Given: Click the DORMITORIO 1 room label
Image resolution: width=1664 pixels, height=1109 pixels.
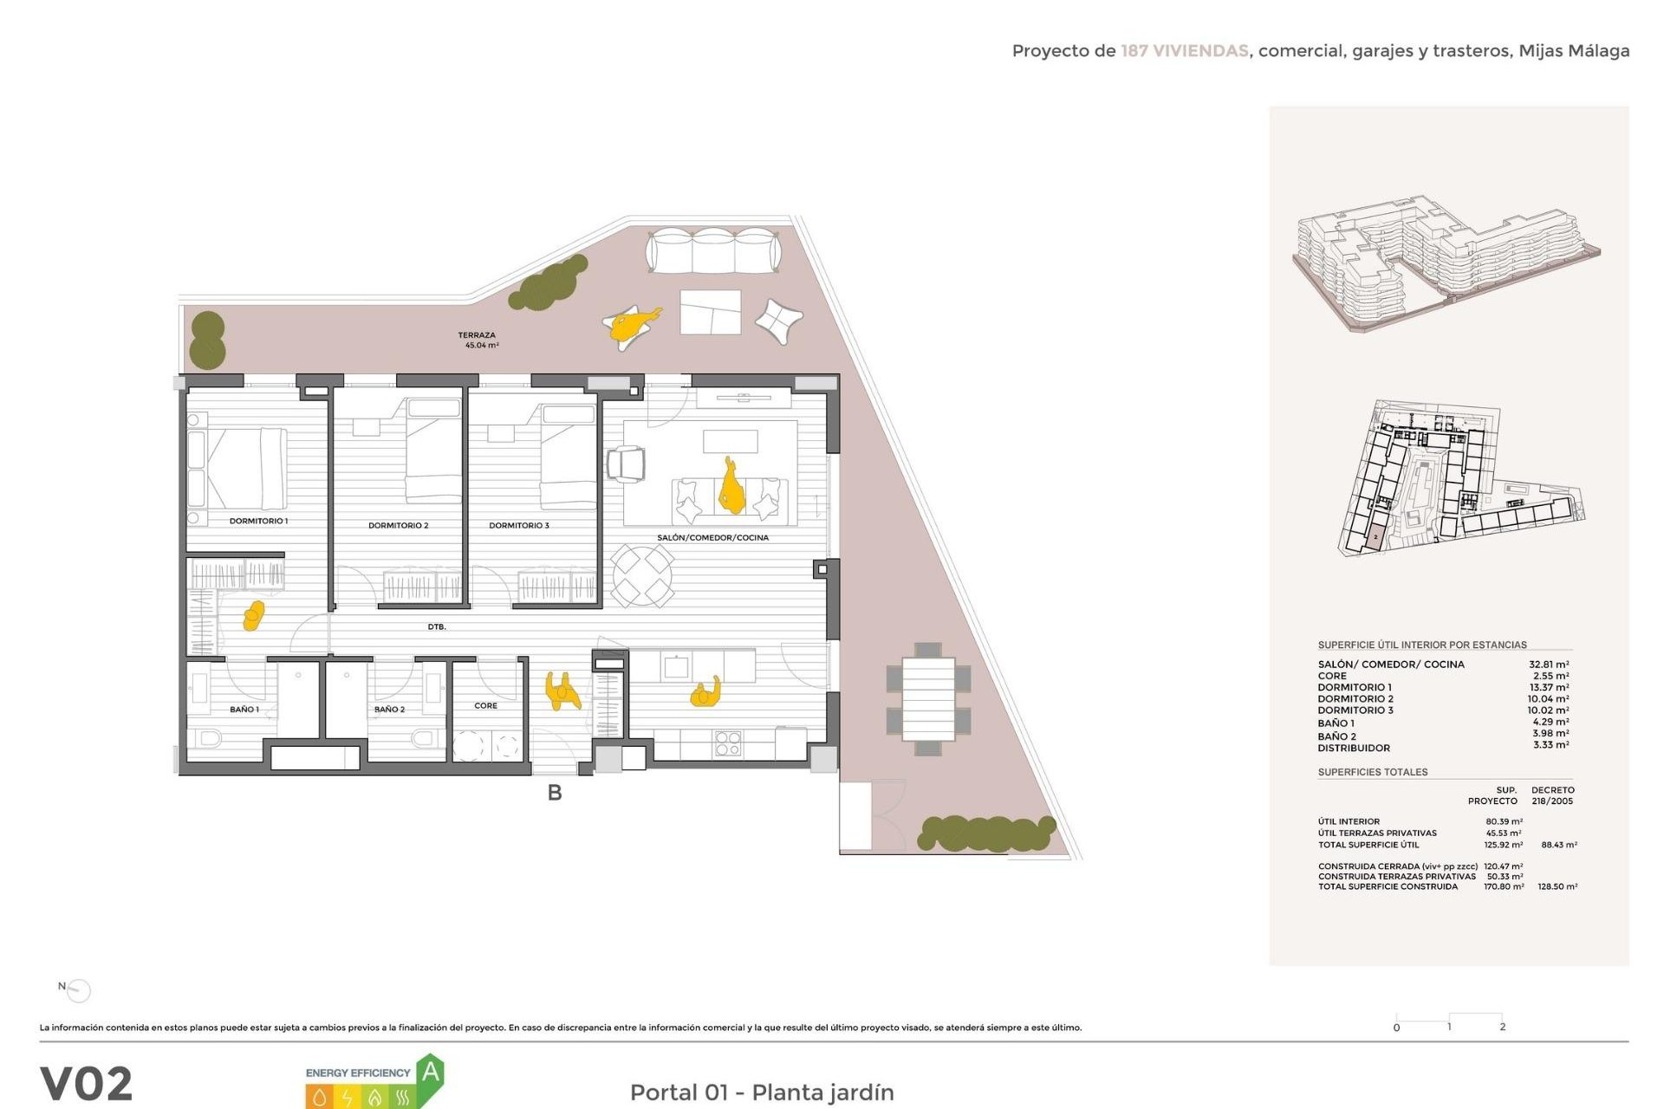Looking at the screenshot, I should click(x=258, y=521).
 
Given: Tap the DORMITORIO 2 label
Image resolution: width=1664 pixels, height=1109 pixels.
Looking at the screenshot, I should click(x=398, y=525).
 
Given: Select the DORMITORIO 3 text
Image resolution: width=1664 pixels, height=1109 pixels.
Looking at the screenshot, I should click(x=518, y=525).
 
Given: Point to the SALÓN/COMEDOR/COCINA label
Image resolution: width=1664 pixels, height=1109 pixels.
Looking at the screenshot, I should click(x=712, y=537).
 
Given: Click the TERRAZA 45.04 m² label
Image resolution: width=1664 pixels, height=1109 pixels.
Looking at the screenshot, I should click(x=478, y=340).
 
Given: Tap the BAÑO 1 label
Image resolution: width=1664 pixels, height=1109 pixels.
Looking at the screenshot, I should click(x=244, y=709).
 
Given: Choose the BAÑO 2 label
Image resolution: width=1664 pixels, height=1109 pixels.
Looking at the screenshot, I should click(x=389, y=709).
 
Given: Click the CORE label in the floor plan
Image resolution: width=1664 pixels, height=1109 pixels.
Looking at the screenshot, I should click(x=485, y=705).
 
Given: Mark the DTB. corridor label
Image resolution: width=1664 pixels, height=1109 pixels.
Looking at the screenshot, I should click(x=437, y=626).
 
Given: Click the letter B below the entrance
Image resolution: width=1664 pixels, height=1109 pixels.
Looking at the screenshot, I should click(x=555, y=793).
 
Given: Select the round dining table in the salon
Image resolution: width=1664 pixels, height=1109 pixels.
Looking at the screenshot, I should click(x=642, y=575).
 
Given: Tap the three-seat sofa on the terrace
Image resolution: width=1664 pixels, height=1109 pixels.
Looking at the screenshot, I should click(x=713, y=250).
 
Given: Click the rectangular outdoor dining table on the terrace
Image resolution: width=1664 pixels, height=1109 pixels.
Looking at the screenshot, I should click(x=928, y=699).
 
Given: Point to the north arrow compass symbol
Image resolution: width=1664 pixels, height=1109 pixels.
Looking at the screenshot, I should click(x=78, y=989).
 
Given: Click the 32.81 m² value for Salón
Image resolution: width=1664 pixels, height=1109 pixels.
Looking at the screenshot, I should click(x=1548, y=665).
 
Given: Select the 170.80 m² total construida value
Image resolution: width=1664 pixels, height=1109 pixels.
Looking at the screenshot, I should click(x=1504, y=886).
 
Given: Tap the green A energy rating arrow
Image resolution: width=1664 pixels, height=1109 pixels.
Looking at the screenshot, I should click(x=430, y=1074).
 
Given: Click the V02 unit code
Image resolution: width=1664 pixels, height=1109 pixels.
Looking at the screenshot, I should click(x=87, y=1084).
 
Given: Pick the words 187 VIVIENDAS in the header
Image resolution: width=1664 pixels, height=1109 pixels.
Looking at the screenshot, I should click(x=1184, y=51).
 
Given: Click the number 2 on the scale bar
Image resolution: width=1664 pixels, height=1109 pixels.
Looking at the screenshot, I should click(x=1502, y=1027).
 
